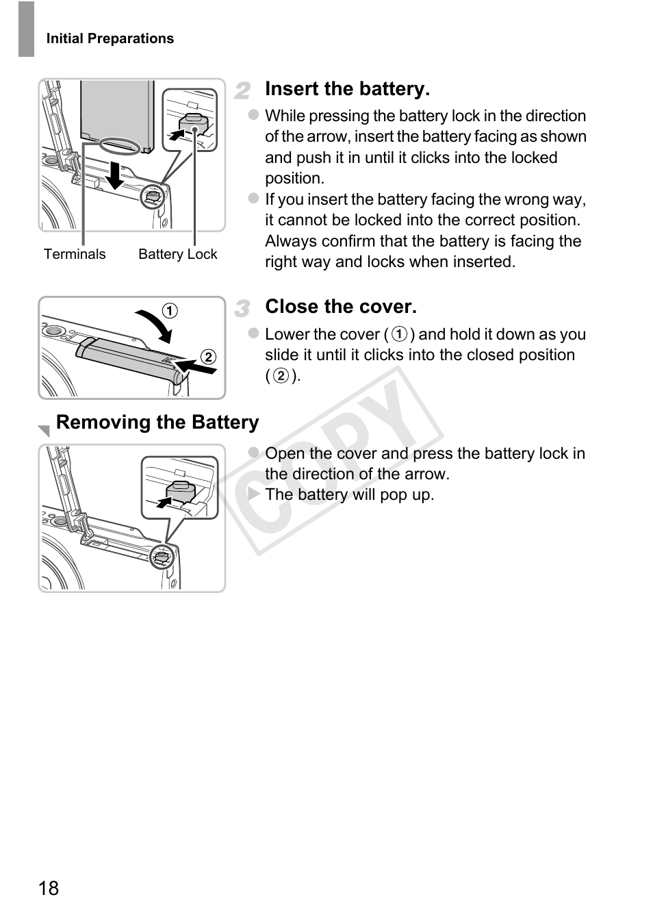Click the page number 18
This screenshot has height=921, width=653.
[49, 888]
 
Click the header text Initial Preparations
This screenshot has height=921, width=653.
[110, 39]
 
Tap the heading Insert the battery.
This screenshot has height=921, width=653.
[347, 89]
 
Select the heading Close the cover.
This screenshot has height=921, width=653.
[340, 307]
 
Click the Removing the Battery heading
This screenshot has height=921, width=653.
[157, 422]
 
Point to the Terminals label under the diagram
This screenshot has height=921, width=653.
[75, 255]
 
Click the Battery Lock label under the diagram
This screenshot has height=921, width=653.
[177, 255]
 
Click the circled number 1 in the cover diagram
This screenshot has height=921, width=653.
[169, 311]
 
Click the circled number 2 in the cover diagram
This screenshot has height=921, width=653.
[208, 357]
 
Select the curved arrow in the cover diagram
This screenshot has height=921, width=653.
[155, 325]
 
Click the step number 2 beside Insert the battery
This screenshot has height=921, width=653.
[242, 90]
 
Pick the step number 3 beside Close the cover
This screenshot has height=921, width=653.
[242, 309]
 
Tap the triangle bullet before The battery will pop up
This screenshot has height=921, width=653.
[254, 494]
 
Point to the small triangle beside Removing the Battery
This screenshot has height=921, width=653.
[44, 431]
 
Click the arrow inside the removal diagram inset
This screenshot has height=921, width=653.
[163, 503]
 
